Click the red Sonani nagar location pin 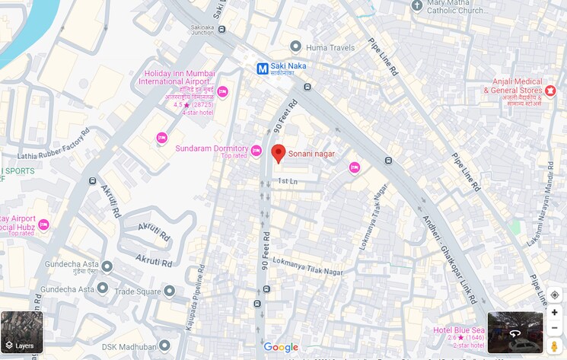[279, 153]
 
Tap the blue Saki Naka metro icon [263, 68]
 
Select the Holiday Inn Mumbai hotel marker [222, 92]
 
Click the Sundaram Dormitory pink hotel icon [256, 150]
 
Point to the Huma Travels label [330, 47]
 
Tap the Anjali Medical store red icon [550, 91]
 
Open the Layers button [22, 333]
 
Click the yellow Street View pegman [554, 346]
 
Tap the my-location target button [554, 295]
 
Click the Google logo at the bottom [281, 347]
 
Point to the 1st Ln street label [287, 181]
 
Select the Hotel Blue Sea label [458, 330]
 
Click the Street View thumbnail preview [515, 333]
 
